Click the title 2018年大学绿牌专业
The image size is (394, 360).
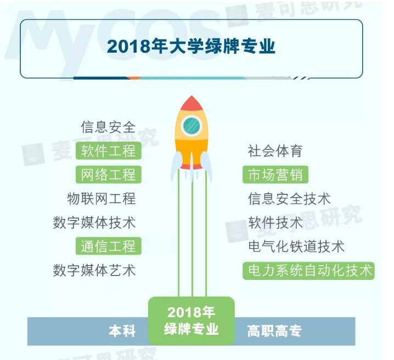pos(191,47)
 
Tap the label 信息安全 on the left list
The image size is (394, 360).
pos(108,127)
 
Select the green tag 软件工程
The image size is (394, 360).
pos(108,151)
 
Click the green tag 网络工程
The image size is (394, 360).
pos(108,175)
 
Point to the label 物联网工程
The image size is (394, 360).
pos(102,199)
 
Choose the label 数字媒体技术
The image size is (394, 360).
pos(94,222)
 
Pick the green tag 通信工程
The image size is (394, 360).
pos(108,246)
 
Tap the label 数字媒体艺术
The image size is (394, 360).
pos(94,270)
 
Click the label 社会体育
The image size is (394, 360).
pos(275,151)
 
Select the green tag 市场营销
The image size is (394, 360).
pos(275,175)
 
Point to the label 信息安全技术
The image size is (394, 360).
pos(289,199)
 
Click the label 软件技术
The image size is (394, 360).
pos(275,222)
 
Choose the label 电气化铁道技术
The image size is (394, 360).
pos(296,246)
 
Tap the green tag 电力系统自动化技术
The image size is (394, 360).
pos(308,270)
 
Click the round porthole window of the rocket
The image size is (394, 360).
pos(192,125)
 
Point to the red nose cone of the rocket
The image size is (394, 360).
pos(192,103)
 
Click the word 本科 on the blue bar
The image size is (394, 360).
pos(122,331)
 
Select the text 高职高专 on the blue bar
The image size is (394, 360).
pos(274,331)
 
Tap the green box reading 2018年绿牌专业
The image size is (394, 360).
pos(192,320)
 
